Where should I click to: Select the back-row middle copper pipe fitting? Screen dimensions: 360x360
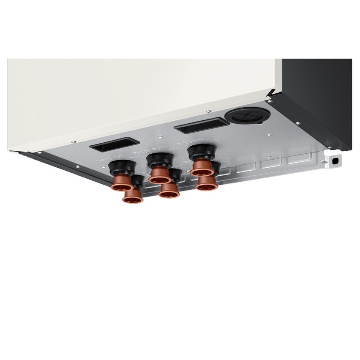159,174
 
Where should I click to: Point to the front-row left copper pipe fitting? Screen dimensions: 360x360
133,195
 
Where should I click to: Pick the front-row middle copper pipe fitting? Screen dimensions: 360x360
169,190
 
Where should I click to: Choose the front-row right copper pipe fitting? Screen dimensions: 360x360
207,183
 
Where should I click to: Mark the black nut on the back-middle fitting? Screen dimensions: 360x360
159,160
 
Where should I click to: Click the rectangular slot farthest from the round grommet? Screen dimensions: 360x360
113,145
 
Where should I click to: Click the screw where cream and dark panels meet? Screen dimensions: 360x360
269,101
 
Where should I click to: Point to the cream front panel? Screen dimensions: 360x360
140,97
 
